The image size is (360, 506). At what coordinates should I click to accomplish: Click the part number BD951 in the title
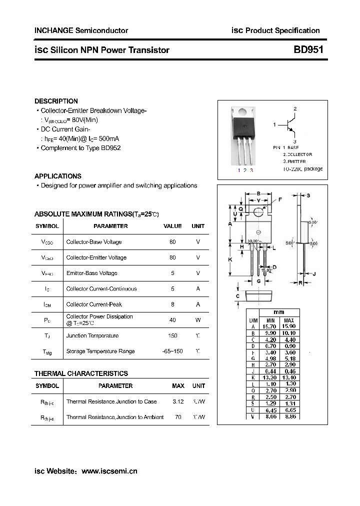(308, 50)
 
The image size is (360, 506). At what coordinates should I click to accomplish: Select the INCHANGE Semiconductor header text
(81, 30)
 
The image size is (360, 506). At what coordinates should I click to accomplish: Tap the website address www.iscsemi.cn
(109, 471)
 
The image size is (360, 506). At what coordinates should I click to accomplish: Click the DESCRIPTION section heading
(56, 101)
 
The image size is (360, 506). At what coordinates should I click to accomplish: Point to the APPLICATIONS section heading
(57, 176)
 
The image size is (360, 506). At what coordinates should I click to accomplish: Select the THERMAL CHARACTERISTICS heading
(81, 373)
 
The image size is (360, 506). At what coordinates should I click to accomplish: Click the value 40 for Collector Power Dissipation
(172, 319)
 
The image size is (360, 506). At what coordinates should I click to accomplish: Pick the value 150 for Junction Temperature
(172, 335)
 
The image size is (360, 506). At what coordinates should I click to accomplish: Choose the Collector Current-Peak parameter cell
(94, 304)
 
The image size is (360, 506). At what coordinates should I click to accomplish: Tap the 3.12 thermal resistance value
(178, 401)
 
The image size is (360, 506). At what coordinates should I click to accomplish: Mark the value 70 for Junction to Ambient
(178, 417)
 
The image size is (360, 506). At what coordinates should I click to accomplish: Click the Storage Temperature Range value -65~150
(172, 351)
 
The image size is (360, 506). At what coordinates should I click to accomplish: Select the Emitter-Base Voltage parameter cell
(92, 273)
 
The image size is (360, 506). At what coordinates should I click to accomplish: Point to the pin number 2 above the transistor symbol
(295, 108)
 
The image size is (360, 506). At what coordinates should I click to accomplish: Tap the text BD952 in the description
(110, 148)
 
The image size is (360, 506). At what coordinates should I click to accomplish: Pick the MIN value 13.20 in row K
(270, 377)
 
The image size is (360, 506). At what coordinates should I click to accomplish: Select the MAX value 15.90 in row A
(288, 326)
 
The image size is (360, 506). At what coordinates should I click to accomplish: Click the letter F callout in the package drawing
(280, 199)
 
